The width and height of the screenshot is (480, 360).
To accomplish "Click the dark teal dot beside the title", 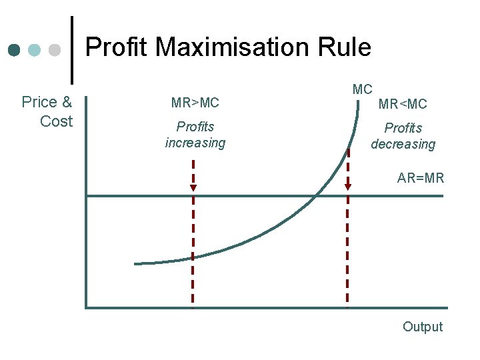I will [14, 50].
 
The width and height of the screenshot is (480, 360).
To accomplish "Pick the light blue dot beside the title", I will [35, 50].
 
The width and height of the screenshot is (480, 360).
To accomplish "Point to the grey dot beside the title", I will [55, 50].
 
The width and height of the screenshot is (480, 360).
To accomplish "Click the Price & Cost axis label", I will [47, 111].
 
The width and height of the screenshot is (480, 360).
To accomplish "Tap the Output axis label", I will [422, 327].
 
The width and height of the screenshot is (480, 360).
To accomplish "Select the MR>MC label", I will [195, 103].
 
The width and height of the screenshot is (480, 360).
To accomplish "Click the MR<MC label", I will [403, 104].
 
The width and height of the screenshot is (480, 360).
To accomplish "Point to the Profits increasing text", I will [195, 135].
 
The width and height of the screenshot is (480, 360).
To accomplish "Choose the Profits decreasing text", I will [403, 136].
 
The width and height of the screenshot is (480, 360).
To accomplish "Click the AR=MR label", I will [420, 179].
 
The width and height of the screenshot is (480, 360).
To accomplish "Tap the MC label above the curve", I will [362, 89].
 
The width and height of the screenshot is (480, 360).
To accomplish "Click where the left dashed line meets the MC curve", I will [193, 257].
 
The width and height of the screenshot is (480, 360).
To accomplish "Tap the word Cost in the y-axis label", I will [56, 121].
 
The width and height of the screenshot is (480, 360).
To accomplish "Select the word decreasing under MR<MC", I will [403, 144].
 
